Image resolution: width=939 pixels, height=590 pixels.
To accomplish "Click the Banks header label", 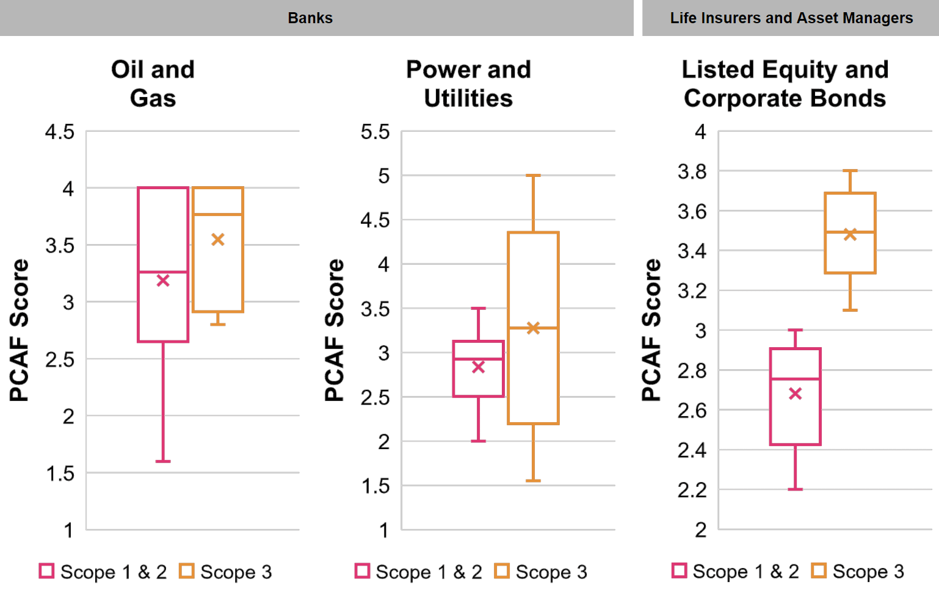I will (310, 18).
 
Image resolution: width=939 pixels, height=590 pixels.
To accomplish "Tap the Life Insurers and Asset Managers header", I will (791, 18).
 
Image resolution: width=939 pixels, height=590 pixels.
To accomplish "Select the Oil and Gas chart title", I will (153, 84).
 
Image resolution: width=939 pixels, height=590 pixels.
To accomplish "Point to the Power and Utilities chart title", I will (469, 84).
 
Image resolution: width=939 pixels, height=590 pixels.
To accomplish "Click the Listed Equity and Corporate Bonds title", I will (785, 84).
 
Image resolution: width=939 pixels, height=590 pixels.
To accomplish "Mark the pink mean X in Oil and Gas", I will (163, 281).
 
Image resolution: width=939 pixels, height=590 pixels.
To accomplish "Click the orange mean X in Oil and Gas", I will (218, 240).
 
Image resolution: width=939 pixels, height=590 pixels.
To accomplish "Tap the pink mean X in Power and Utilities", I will (479, 367).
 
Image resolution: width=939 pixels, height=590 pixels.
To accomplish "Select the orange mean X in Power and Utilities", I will (533, 328).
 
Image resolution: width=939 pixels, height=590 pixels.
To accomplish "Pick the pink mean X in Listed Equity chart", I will (795, 394).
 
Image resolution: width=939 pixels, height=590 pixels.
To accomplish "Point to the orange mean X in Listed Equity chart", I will (850, 235).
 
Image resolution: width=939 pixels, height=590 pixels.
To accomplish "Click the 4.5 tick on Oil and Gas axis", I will (60, 132).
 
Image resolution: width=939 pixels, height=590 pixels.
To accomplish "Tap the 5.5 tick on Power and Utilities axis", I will (375, 132).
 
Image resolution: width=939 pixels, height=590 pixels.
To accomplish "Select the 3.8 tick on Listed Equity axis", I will (692, 171).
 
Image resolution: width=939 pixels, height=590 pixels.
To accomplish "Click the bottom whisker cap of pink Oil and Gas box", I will (163, 461).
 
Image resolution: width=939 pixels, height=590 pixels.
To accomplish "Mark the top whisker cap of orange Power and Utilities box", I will (533, 175).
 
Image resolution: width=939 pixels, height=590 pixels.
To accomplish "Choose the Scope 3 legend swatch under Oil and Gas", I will (187, 571).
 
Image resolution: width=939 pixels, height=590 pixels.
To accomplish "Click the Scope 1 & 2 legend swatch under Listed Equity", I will (679, 570).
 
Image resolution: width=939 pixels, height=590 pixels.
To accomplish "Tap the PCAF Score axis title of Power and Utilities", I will (334, 329).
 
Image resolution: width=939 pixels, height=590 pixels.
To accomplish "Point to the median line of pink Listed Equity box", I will (795, 379).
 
